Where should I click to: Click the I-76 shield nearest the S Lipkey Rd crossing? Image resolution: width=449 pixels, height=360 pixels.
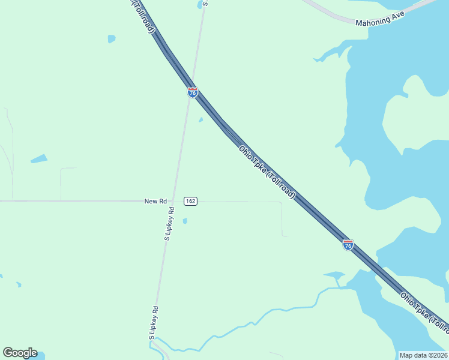coord(192,92)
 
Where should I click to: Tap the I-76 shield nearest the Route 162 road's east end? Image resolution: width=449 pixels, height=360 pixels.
coord(348,245)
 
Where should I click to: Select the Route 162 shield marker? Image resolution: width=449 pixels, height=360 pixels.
coord(190,201)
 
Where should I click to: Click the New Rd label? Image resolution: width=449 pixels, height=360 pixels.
coord(155,202)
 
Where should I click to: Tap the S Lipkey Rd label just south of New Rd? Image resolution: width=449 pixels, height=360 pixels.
coord(169,224)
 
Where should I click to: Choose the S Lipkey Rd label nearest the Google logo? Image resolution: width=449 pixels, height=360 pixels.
coord(154,324)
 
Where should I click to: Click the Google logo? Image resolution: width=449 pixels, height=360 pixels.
coord(20,353)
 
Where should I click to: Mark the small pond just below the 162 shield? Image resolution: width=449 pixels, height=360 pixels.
coord(185,221)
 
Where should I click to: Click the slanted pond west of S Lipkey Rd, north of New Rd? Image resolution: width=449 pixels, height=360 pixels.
coord(39,159)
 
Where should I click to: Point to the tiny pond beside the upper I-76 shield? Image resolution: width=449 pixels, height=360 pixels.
coord(200,119)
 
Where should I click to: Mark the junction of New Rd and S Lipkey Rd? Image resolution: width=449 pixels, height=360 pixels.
coord(173,201)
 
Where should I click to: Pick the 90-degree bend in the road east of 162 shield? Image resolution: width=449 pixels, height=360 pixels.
coord(281,203)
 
